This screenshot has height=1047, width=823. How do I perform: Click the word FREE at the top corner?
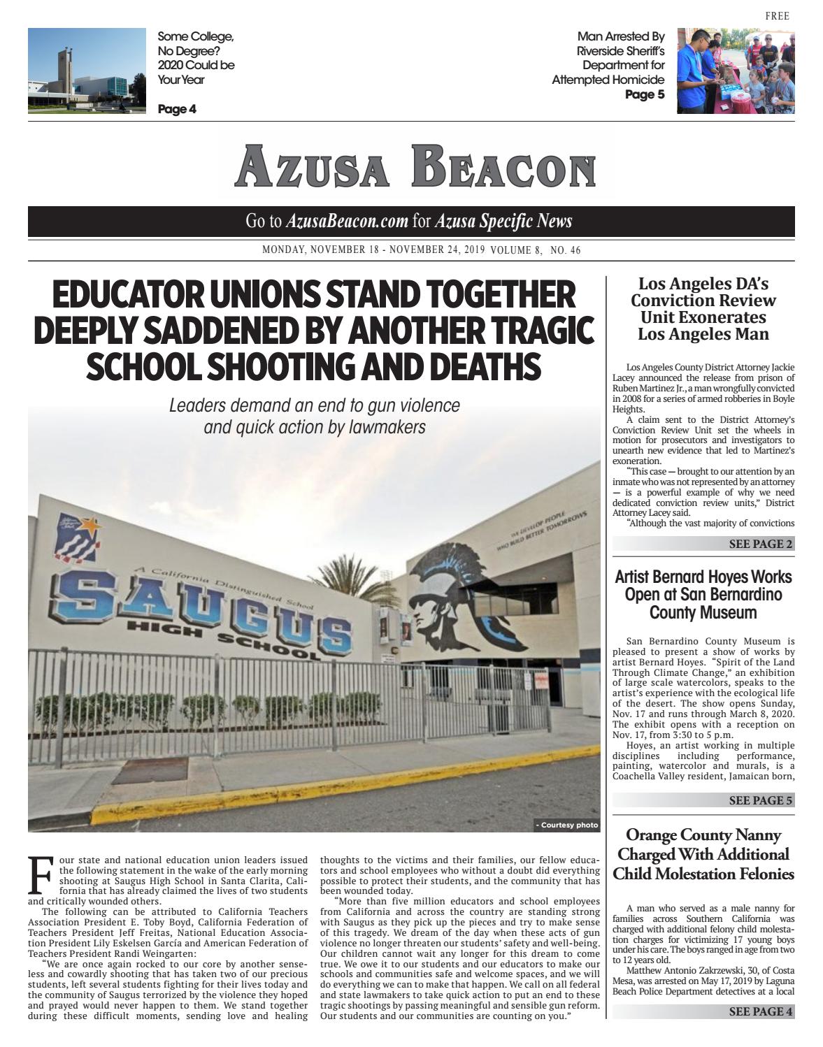tap(777, 16)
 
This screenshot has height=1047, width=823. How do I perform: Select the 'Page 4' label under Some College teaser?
tap(177, 109)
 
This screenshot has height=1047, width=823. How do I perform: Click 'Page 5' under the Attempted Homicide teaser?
tap(645, 94)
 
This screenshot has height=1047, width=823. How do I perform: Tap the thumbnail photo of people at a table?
tap(735, 71)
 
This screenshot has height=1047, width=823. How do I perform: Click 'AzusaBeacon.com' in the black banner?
tap(347, 222)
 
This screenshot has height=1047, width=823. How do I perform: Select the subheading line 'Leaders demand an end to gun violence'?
tap(315, 405)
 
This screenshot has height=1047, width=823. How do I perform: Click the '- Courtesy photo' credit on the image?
tap(566, 825)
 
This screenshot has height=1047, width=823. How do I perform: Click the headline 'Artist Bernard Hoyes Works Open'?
tap(703, 586)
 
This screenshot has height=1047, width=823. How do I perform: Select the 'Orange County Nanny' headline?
tap(703, 835)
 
